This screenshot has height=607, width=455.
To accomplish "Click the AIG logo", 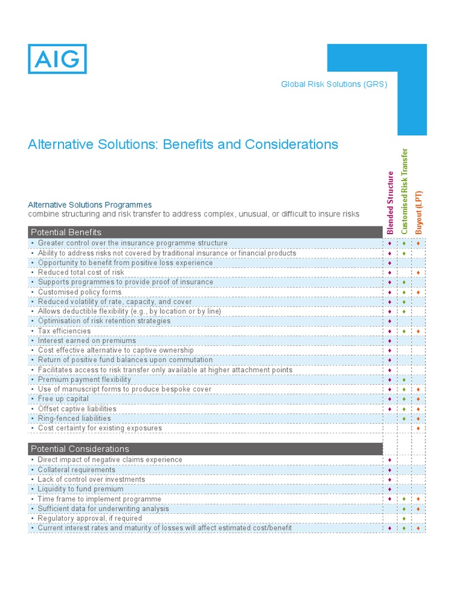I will (57, 59).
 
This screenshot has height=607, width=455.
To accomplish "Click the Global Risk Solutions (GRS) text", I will (334, 84).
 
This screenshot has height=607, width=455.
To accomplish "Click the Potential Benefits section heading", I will (66, 232).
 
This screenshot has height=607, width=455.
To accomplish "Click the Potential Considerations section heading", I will (79, 449).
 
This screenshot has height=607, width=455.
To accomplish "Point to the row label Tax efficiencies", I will (64, 331).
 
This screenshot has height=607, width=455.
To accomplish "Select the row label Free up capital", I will (63, 399).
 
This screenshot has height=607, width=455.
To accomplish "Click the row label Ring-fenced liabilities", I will (74, 418).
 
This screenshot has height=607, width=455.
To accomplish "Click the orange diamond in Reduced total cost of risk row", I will (418, 273).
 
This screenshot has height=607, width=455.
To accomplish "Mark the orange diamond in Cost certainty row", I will (418, 428).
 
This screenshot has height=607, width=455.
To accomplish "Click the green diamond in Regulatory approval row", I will (404, 519).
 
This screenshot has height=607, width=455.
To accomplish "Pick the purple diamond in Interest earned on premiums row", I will (390, 341).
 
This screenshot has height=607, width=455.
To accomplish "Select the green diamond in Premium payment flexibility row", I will (404, 380).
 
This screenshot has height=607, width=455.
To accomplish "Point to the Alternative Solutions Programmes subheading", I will (90, 205).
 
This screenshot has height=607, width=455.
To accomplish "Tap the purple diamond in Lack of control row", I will (390, 480).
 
